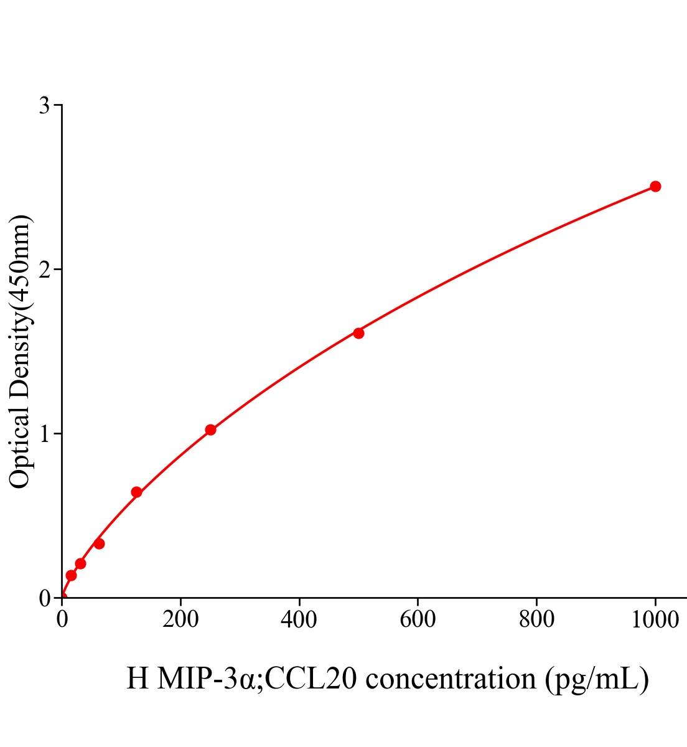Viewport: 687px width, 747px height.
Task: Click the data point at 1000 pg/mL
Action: point(655,186)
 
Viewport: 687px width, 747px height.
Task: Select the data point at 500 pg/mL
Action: point(358,333)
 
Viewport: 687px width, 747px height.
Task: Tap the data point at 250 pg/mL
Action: point(210,430)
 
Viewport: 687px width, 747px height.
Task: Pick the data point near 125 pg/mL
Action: point(136,492)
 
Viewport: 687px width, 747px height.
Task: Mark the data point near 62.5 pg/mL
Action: point(99,543)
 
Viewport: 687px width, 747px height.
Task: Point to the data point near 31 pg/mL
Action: point(80,563)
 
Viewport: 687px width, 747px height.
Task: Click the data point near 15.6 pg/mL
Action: point(71,575)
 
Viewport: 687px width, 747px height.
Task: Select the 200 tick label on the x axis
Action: point(180,619)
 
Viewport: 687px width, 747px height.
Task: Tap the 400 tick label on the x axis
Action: point(299,619)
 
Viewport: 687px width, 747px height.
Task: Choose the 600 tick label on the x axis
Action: point(418,619)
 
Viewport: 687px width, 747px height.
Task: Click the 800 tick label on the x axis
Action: point(536,619)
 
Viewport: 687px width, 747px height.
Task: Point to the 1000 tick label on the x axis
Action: point(655,619)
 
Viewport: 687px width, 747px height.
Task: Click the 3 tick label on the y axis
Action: point(44,106)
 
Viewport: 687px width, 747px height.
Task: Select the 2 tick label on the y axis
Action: point(44,270)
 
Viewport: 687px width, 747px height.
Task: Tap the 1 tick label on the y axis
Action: point(44,434)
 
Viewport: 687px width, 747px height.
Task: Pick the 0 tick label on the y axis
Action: point(44,598)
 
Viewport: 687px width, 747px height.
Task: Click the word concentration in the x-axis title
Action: point(451,678)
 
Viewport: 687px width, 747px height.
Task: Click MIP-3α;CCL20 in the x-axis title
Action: point(257,678)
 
